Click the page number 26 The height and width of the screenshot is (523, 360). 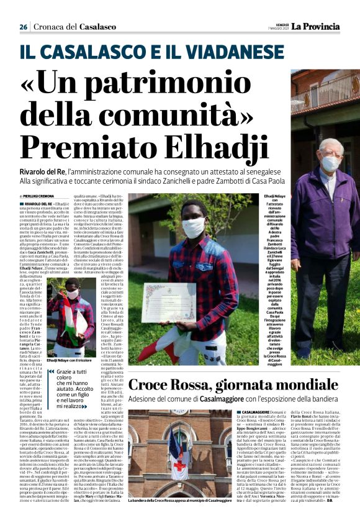(x=23, y=27)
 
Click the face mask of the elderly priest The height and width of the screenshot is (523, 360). (x=330, y=163)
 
